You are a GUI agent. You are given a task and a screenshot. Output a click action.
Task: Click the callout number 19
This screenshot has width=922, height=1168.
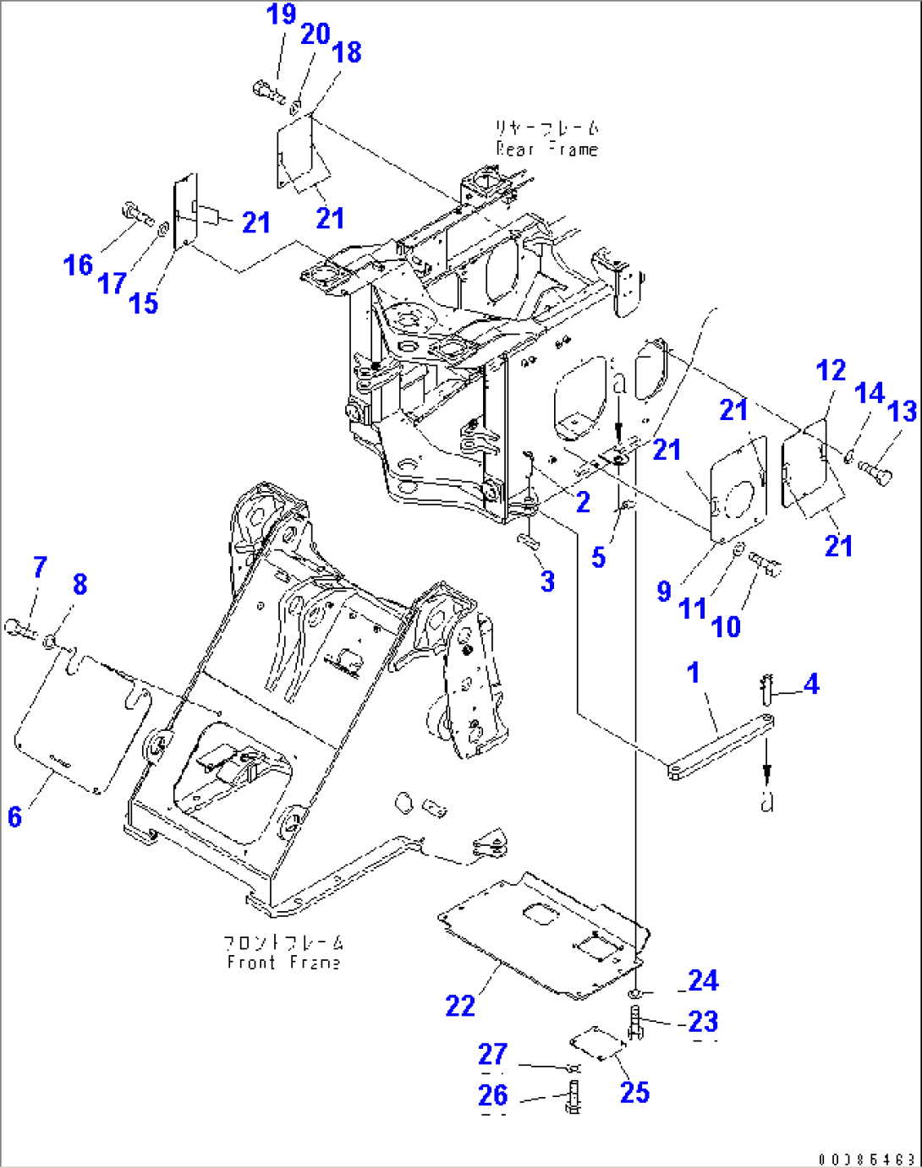[282, 14]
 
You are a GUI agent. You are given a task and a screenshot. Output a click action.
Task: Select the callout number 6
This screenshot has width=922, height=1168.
[14, 816]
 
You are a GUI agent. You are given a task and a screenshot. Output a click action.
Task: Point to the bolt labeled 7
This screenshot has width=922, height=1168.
[21, 628]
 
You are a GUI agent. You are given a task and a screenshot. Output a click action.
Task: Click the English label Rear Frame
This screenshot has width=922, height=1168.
[547, 150]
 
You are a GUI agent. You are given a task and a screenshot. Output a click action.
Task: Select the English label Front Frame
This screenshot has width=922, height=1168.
[284, 963]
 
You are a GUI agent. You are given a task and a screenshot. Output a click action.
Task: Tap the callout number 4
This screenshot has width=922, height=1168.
[811, 684]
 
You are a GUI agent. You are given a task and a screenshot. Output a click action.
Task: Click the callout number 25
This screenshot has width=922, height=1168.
[634, 1092]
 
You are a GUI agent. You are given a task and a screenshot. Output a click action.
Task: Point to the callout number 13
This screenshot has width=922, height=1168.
[903, 412]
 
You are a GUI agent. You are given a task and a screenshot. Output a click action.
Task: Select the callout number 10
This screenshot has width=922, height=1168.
[726, 627]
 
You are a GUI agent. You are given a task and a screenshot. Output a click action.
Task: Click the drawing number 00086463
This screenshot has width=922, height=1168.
[866, 1158]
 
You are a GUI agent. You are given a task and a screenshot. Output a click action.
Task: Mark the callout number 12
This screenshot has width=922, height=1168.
[831, 370]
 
